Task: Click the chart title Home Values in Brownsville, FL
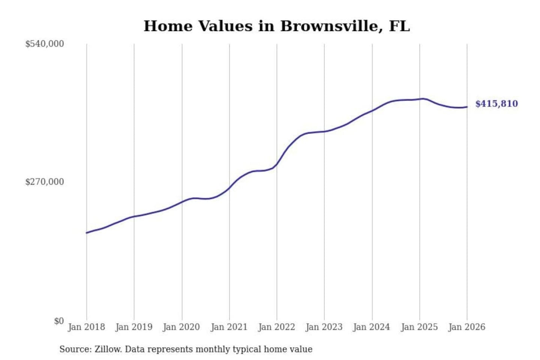277,26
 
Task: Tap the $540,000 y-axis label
45,44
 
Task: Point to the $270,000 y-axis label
45,182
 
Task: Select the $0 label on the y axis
59,321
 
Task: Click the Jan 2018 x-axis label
86,327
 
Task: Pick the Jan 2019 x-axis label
134,327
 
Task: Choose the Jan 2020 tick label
181,327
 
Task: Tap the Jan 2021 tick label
229,327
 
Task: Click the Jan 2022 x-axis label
277,327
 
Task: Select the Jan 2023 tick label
324,327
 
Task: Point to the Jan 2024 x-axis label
372,327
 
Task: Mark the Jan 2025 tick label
419,327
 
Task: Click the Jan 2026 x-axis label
467,327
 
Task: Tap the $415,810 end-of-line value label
496,104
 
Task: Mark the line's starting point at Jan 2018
87,233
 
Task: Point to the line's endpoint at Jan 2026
467,107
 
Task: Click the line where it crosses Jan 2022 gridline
277,164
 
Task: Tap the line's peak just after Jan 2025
423,99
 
